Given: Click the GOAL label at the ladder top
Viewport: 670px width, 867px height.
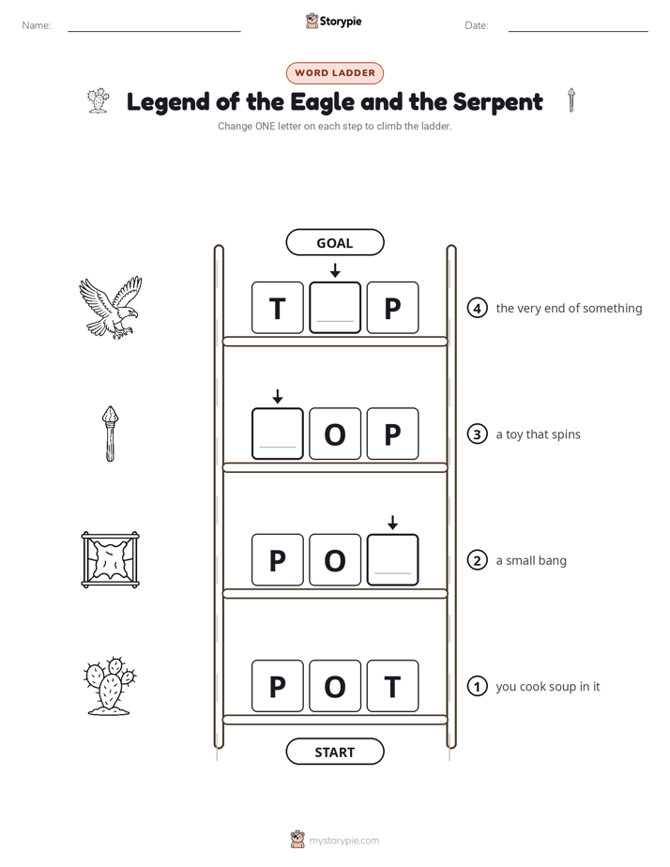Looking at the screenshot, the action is click(334, 242).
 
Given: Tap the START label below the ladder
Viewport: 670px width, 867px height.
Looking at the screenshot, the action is click(334, 752).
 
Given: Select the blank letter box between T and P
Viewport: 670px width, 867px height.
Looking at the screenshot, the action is click(335, 308).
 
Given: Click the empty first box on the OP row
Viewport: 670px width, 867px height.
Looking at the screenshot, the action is click(278, 433).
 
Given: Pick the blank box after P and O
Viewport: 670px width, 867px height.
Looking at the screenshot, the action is click(392, 559).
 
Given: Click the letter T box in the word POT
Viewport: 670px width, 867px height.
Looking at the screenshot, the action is click(392, 686).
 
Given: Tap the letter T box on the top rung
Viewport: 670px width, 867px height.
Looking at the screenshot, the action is click(278, 308).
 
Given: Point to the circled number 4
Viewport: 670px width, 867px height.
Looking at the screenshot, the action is click(477, 308).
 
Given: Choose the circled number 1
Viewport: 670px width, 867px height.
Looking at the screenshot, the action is click(477, 686).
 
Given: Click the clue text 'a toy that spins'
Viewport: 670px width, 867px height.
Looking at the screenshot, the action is click(538, 434).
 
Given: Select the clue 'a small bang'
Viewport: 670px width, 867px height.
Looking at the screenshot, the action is click(531, 561).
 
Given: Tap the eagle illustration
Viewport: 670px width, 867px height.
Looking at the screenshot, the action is click(111, 308).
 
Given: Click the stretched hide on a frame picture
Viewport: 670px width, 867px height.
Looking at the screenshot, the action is click(110, 559).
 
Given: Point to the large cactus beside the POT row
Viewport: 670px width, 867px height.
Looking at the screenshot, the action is click(110, 686).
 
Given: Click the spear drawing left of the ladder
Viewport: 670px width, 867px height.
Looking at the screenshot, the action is click(111, 433).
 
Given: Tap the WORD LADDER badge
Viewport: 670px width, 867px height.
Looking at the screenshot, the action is click(334, 73).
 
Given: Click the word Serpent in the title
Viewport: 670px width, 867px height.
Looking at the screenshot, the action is click(497, 102).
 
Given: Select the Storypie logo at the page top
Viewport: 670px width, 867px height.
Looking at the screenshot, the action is click(334, 21).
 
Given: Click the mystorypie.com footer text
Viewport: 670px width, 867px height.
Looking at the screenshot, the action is click(343, 841).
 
